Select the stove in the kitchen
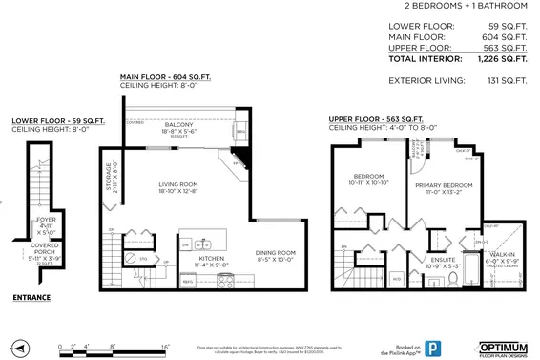coord(227,281)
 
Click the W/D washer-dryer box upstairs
coord(396,278)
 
